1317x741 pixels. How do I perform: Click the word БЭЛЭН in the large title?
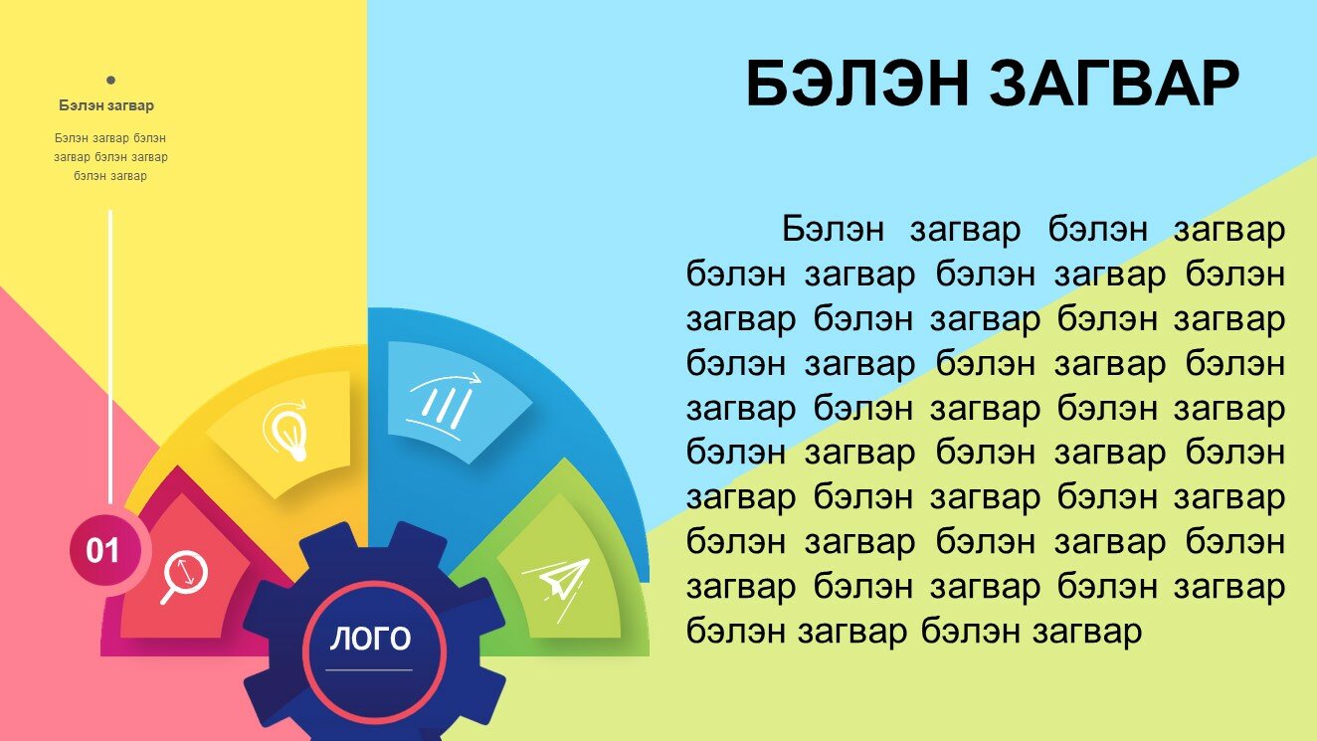857,85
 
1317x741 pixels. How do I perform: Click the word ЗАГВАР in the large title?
1114,85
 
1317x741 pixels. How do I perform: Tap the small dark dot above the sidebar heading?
110,80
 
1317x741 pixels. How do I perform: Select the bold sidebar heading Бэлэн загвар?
106,105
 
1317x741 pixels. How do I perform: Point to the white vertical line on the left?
110,356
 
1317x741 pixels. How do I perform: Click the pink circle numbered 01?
105,550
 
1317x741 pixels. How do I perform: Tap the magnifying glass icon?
184,576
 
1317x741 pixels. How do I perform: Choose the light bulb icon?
286,430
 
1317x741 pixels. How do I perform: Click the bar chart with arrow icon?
444,406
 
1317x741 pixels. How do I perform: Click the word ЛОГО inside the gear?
370,639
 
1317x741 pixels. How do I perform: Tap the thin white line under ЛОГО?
369,669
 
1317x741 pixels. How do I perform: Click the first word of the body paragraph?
833,229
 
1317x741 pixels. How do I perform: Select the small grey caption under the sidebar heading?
110,157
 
